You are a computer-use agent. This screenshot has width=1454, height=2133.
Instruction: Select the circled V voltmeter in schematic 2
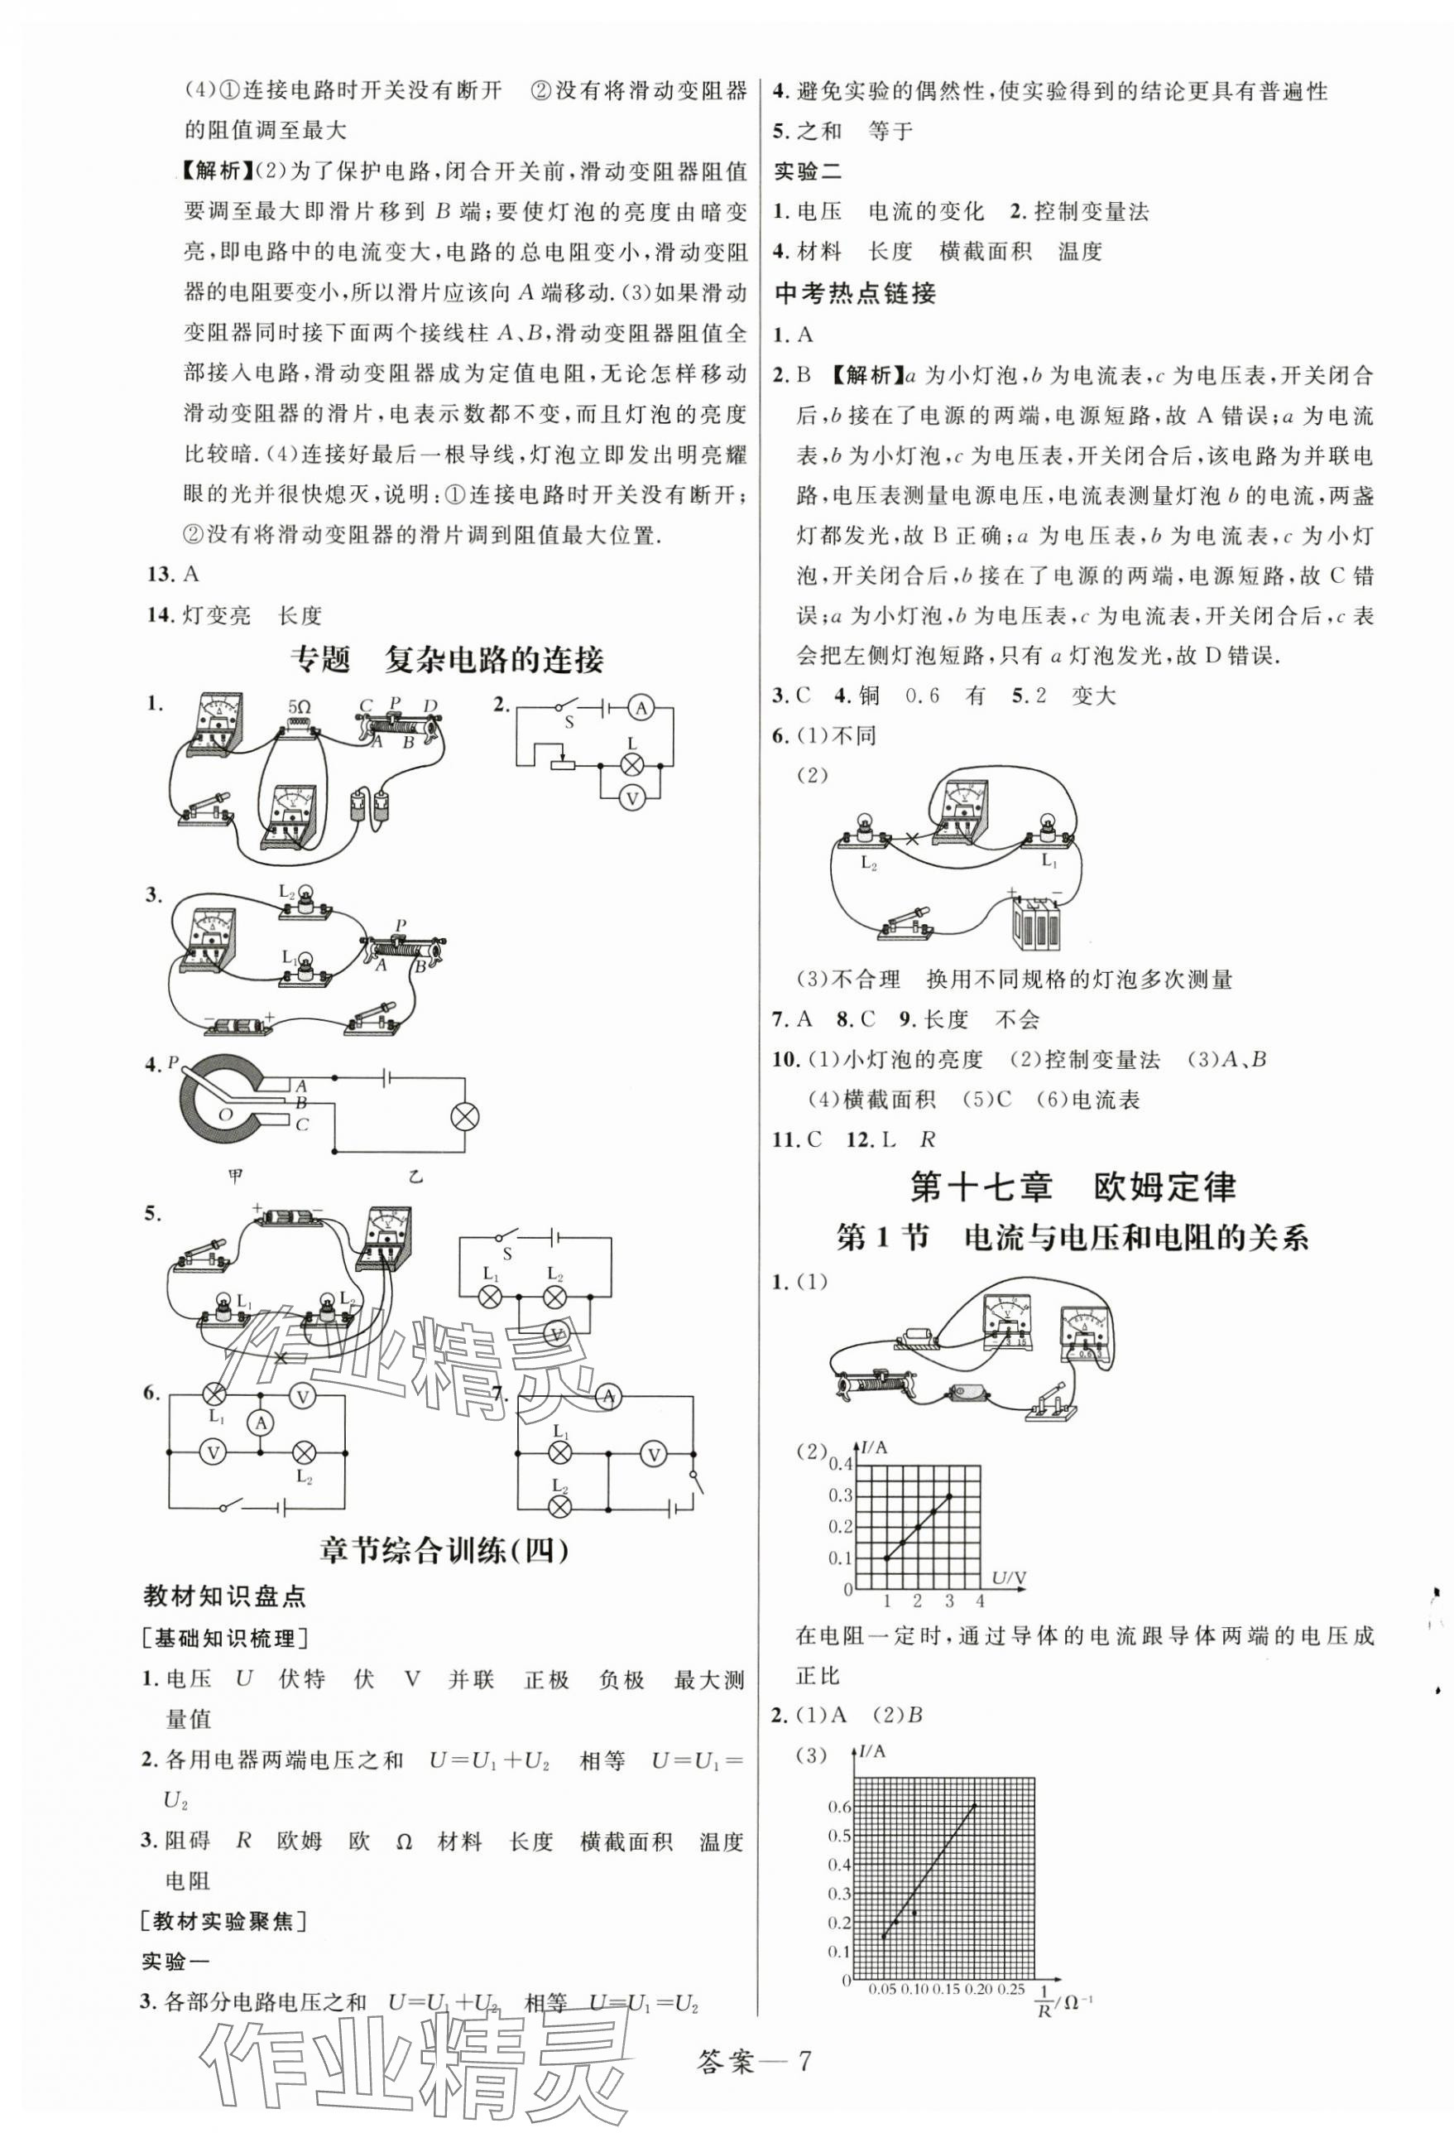[631, 798]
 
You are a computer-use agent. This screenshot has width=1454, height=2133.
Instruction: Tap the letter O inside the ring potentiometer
[226, 1115]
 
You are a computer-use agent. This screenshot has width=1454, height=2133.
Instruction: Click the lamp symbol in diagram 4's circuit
[465, 1116]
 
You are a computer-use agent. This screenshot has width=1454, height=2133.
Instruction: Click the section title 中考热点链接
[855, 293]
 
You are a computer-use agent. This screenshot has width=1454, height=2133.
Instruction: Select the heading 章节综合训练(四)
[444, 1550]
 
